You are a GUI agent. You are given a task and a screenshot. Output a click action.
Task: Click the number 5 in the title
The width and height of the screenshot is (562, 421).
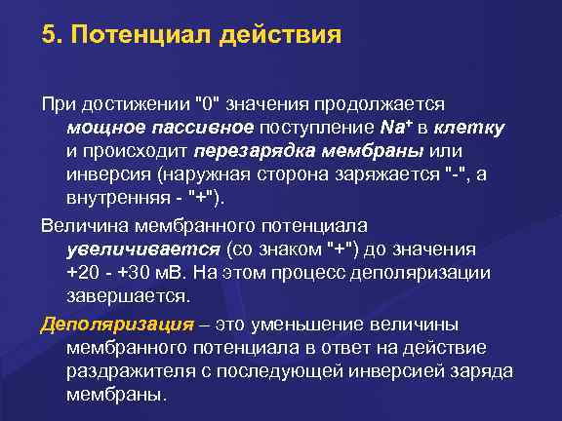click(49, 38)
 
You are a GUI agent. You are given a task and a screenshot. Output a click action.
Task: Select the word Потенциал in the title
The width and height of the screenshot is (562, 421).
click(143, 38)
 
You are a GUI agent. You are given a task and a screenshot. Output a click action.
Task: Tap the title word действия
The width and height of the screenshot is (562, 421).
click(282, 38)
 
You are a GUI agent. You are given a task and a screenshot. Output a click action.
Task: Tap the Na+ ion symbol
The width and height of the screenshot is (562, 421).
click(398, 128)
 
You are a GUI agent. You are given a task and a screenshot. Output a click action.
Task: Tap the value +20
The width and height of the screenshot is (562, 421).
click(83, 272)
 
